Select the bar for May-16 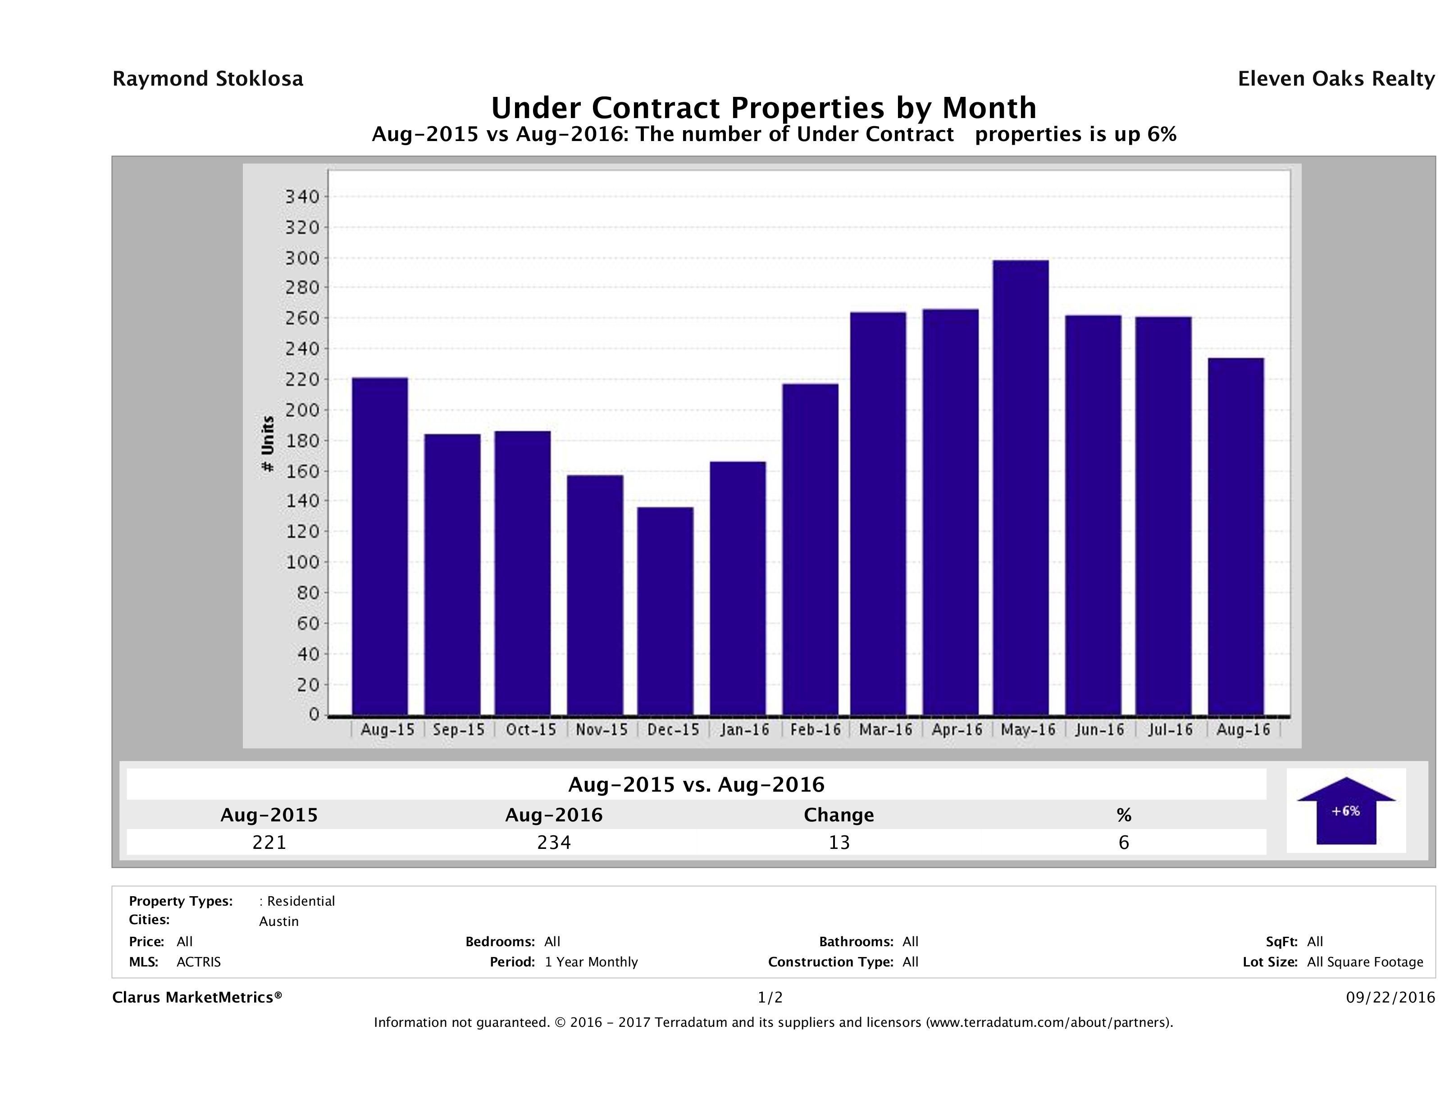click(1021, 488)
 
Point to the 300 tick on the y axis click(302, 258)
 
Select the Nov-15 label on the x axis click(602, 729)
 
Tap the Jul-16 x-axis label click(1170, 729)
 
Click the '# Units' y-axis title click(268, 444)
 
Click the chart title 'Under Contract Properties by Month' click(764, 107)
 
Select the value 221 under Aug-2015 click(269, 842)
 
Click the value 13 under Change click(839, 842)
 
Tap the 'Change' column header click(839, 815)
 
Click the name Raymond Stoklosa click(208, 79)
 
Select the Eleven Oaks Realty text click(1335, 79)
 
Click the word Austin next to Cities click(279, 921)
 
